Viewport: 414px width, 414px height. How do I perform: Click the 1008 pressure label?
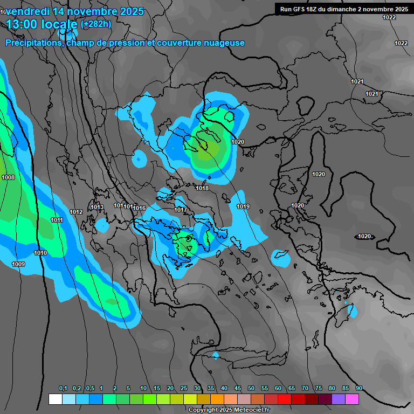tap(8, 177)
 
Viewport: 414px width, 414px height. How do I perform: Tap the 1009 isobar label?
tap(18, 264)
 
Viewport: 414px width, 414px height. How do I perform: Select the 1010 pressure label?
tap(40, 253)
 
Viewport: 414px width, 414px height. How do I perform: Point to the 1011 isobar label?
tap(57, 220)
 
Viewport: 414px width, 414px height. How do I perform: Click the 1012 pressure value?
tap(76, 212)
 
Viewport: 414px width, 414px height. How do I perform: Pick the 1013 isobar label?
tap(97, 207)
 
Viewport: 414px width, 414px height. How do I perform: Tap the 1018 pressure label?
tap(202, 188)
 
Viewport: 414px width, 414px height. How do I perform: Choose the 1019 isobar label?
tap(243, 206)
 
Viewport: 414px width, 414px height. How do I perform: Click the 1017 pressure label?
tap(181, 210)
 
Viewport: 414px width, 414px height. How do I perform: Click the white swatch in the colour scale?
tap(55, 399)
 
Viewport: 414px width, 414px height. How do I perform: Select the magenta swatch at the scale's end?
tap(352, 399)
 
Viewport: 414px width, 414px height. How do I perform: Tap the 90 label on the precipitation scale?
tap(358, 389)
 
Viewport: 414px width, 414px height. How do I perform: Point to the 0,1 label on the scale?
tap(63, 389)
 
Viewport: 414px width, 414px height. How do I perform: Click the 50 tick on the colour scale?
tap(251, 389)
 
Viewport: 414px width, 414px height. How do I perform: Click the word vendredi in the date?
tap(32, 11)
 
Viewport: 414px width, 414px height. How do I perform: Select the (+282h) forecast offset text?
tap(95, 24)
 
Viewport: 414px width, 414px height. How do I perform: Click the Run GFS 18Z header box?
tap(344, 9)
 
